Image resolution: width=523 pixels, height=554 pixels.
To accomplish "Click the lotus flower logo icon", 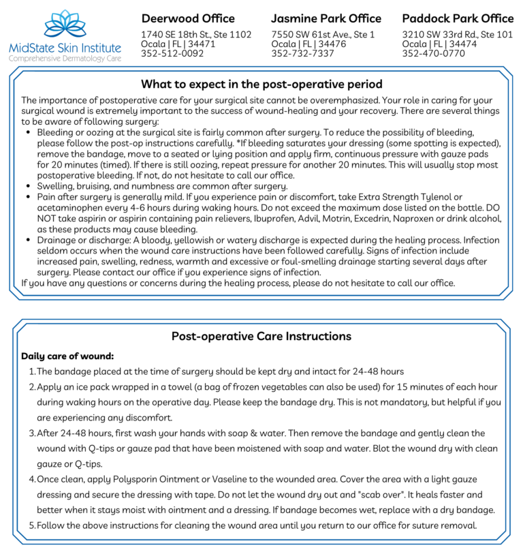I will [x=65, y=25].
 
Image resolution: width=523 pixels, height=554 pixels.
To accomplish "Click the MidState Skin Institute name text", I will [x=65, y=48].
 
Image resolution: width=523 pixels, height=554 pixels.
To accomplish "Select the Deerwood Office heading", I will [x=188, y=18].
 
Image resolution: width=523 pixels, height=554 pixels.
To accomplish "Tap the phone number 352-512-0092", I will [x=172, y=54].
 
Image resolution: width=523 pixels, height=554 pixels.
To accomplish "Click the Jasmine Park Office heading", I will [x=326, y=18].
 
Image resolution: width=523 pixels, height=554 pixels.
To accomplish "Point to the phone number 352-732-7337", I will [x=302, y=54].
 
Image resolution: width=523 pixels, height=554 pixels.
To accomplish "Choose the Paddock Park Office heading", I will [x=458, y=18].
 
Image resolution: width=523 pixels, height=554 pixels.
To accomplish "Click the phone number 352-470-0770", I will [x=433, y=54].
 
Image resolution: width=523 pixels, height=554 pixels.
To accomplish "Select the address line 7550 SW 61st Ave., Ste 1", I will [x=323, y=35].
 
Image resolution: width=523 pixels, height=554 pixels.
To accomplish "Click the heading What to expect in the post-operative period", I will [x=261, y=84].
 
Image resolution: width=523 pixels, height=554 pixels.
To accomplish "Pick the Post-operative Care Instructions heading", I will [x=261, y=336].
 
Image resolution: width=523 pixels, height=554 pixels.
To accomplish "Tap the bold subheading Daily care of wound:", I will [x=67, y=356].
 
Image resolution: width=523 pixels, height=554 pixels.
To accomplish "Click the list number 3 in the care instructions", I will [x=32, y=433].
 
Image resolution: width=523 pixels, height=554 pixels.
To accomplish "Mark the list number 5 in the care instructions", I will [x=32, y=525].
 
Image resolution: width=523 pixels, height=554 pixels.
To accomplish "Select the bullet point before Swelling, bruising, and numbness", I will [x=27, y=186].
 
